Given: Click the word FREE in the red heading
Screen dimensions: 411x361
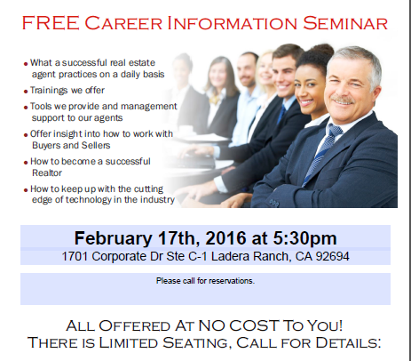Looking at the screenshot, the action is point(51,23).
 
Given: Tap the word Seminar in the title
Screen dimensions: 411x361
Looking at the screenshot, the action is point(345,23).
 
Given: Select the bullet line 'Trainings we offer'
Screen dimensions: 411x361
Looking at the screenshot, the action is point(67,90).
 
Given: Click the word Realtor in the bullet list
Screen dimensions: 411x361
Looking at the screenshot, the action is point(47,172).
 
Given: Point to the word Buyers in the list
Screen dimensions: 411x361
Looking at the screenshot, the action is point(46,146).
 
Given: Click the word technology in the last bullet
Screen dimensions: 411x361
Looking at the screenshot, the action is point(88,200).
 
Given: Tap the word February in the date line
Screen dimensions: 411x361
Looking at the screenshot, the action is point(113,238).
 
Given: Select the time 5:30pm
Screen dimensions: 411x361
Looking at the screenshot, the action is point(304,238).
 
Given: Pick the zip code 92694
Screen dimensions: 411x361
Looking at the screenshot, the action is point(333,256).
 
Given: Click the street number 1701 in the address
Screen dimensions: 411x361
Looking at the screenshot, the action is point(75,256).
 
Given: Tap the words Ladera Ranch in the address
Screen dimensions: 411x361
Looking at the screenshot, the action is point(249,256).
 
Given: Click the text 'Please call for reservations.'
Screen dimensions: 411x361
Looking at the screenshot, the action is point(205,281).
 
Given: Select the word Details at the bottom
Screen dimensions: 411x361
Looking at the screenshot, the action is point(348,342).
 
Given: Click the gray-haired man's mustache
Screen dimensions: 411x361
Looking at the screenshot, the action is point(344,100).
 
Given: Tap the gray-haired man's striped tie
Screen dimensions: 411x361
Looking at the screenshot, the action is point(320,151).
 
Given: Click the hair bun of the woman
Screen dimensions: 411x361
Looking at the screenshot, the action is point(322,50).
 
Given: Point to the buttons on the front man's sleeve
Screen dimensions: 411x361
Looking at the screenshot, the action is point(274,204).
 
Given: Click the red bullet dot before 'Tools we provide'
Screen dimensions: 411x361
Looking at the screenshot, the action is point(26,108).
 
